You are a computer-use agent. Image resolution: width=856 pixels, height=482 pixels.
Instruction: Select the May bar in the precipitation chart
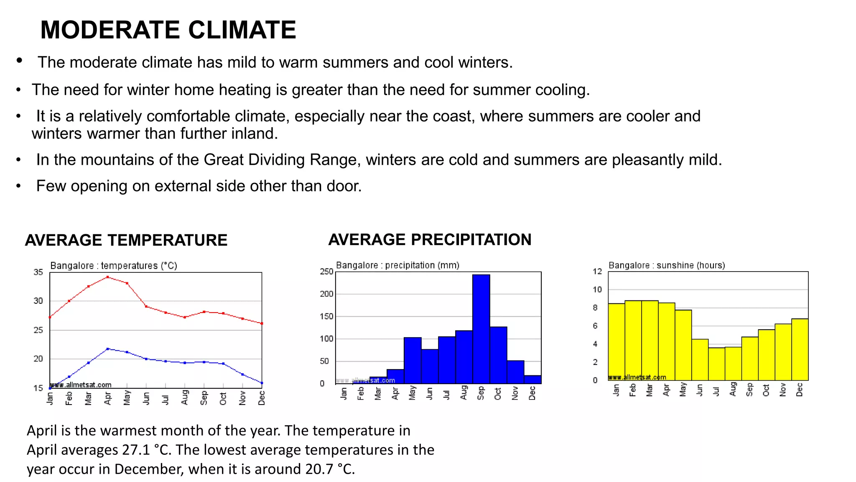413,360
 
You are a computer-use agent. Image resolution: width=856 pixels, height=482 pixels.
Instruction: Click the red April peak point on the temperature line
108,277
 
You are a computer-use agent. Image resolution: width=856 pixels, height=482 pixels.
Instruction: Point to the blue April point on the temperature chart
108,349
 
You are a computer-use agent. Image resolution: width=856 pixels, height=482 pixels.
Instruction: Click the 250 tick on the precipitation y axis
326,272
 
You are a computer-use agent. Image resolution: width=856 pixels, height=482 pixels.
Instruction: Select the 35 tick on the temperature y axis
38,272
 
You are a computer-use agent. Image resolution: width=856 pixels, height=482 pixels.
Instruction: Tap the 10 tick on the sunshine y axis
597,290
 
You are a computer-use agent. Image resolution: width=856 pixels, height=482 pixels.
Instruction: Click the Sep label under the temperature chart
204,398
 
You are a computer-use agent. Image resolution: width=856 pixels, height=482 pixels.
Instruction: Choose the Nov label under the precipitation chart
515,393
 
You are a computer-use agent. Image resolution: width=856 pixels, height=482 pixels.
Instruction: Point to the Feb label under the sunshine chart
633,390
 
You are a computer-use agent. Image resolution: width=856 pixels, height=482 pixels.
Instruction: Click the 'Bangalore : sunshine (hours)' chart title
667,265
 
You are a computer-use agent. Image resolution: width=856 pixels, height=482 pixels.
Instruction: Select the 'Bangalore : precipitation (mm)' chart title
397,265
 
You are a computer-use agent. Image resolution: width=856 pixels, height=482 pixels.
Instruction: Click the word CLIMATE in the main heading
242,30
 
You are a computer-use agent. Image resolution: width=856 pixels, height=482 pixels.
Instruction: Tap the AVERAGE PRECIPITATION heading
430,240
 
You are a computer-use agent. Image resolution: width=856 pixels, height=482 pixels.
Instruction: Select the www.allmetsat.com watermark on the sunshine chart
637,377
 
